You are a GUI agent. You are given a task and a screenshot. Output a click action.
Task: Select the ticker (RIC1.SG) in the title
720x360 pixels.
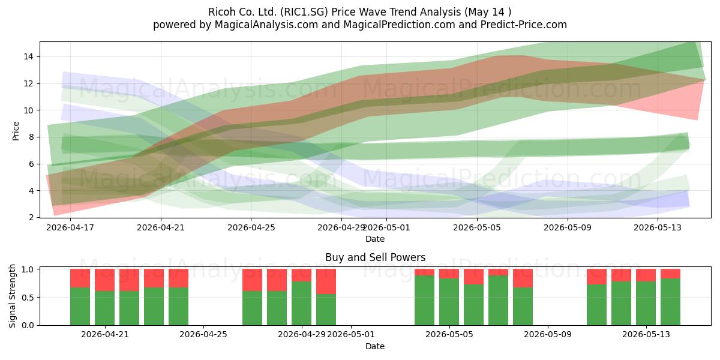(304, 12)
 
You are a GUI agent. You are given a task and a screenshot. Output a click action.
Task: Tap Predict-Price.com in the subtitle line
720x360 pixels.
(524, 25)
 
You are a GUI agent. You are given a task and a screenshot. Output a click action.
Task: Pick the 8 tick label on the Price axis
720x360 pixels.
(31, 137)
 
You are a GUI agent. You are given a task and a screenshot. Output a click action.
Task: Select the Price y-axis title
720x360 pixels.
(16, 131)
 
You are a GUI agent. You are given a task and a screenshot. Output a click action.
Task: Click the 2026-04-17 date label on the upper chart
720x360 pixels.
(70, 227)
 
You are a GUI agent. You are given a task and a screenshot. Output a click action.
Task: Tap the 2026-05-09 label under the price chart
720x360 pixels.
(568, 227)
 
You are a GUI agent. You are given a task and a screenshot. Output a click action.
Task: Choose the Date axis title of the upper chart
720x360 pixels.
(375, 239)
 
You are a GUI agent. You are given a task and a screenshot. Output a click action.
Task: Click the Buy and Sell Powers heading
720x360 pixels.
(375, 257)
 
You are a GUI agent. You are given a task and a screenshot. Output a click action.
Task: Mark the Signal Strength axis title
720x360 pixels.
(12, 296)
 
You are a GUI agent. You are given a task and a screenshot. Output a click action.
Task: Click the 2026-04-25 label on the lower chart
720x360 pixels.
(203, 335)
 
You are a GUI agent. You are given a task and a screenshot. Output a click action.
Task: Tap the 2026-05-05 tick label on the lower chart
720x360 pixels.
(449, 335)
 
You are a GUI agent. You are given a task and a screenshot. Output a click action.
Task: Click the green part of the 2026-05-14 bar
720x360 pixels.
(670, 302)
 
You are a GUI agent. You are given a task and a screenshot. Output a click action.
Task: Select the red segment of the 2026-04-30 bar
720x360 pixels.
(326, 281)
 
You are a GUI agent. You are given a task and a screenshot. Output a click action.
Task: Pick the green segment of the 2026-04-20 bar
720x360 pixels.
(80, 307)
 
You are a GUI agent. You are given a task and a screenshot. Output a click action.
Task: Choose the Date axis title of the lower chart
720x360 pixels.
(375, 346)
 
